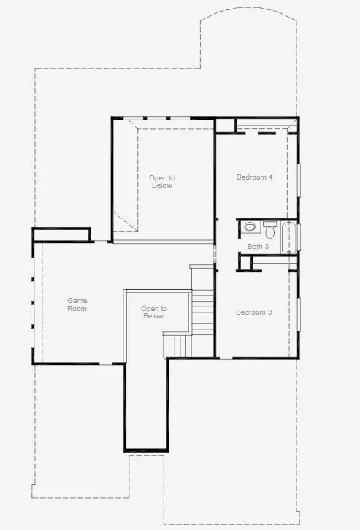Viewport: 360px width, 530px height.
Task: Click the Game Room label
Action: pyautogui.click(x=77, y=304)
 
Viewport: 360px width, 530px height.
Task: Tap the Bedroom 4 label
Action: pyautogui.click(x=254, y=177)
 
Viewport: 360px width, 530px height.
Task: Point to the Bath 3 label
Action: pyautogui.click(x=258, y=247)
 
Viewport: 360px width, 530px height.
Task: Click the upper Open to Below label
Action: pyautogui.click(x=162, y=182)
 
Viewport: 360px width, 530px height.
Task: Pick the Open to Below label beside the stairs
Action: pyautogui.click(x=153, y=312)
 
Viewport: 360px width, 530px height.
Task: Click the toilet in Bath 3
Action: pyautogui.click(x=269, y=232)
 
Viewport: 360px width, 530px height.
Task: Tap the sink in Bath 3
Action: pyautogui.click(x=249, y=227)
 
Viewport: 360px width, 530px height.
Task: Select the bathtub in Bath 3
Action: pyautogui.click(x=288, y=236)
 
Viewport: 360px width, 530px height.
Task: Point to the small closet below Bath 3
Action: pyautogui.click(x=246, y=262)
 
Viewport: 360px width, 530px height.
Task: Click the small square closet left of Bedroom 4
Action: pyautogui.click(x=225, y=125)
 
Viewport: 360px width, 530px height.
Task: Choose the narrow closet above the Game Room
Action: pyautogui.click(x=61, y=234)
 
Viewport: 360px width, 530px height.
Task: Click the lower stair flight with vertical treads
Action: pyautogui.click(x=176, y=345)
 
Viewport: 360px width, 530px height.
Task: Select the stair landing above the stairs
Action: pyautogui.click(x=202, y=277)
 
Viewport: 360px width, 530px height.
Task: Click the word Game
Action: pyautogui.click(x=77, y=300)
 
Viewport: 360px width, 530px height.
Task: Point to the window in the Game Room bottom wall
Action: pyautogui.click(x=107, y=364)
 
